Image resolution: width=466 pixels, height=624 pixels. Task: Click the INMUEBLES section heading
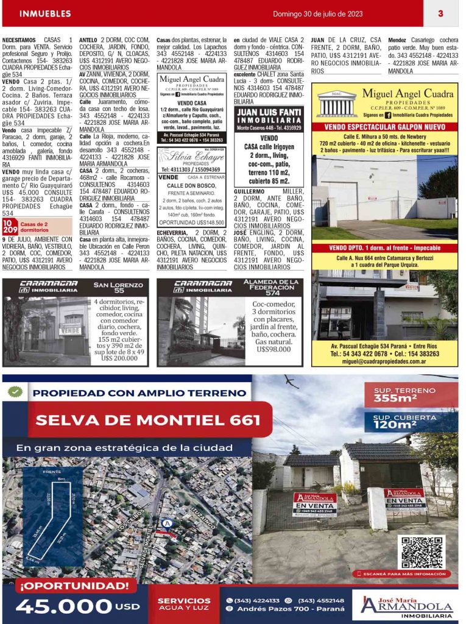pyautogui.click(x=45, y=13)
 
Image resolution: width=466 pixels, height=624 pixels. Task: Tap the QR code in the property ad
pyautogui.click(x=421, y=552)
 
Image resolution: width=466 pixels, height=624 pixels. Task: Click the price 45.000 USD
pyautogui.click(x=77, y=606)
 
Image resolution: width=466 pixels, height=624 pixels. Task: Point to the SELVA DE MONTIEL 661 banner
pyautogui.click(x=148, y=419)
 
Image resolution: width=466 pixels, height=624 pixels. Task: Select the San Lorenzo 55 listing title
pyautogui.click(x=119, y=288)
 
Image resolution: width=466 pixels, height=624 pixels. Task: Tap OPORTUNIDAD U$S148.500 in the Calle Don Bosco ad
pyautogui.click(x=191, y=223)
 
